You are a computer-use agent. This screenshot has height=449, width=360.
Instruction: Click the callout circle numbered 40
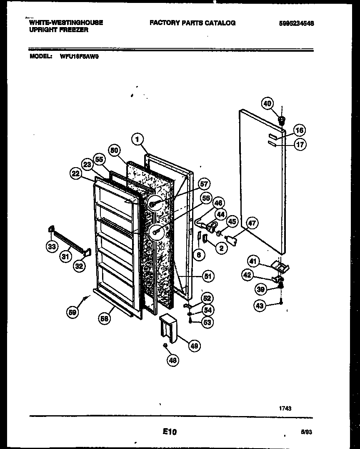(x=267, y=103)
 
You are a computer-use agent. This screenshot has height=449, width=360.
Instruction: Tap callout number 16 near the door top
(x=299, y=130)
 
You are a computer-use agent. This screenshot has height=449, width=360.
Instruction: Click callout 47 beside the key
(x=252, y=223)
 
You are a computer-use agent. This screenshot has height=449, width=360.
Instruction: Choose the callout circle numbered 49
(x=193, y=346)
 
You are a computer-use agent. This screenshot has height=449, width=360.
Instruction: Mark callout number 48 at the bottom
(x=172, y=361)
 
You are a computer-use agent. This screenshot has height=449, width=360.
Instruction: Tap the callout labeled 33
(x=51, y=247)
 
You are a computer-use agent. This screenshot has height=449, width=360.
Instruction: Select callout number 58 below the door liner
(x=105, y=319)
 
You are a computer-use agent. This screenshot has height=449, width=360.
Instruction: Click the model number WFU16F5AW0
(x=77, y=58)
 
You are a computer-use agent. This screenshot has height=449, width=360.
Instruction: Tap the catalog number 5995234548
(x=296, y=23)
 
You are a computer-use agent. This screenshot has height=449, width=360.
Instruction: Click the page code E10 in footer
(x=170, y=432)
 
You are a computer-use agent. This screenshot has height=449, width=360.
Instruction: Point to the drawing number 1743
(x=285, y=409)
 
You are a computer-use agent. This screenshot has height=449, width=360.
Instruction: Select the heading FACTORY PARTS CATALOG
(x=192, y=23)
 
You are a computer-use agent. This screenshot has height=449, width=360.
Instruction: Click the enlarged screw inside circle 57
(x=155, y=203)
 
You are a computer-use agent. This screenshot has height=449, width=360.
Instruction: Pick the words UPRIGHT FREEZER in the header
(x=59, y=30)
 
